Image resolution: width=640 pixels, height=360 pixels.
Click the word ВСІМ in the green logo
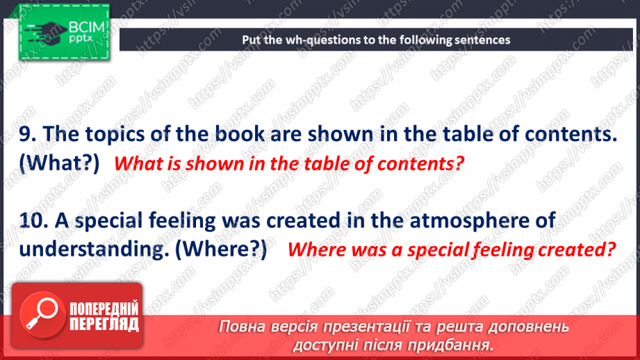tap(87, 27)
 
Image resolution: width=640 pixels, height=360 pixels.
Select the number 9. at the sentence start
tap(28, 134)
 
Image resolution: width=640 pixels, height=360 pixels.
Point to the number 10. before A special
tap(34, 220)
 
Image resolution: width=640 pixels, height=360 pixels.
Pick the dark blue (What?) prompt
tap(59, 163)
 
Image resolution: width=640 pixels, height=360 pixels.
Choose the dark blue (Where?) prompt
tap(221, 249)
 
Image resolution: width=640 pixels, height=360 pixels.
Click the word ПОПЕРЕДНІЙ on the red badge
tap(104, 309)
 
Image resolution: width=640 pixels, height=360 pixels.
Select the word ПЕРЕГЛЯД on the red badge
tap(104, 324)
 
